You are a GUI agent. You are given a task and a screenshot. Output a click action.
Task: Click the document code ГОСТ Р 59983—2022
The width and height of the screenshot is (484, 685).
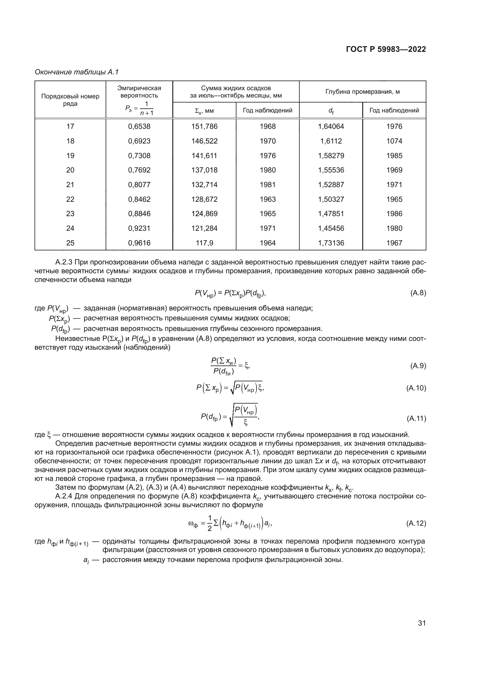tap(386, 49)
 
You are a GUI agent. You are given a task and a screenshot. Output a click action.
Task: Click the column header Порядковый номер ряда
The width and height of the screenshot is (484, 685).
tap(70, 100)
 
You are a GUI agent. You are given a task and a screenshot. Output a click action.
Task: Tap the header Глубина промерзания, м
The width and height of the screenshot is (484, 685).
tap(362, 92)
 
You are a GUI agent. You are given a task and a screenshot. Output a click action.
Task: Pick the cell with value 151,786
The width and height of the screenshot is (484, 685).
tap(204, 127)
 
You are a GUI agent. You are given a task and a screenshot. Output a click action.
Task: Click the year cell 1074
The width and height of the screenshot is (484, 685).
tap(394, 141)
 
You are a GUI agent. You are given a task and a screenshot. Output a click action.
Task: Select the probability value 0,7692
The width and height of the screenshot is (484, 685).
tap(139, 170)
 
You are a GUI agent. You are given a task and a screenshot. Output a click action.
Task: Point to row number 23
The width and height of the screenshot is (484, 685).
tap(70, 213)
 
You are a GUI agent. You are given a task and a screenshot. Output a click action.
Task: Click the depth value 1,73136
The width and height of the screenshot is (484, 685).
tap(331, 243)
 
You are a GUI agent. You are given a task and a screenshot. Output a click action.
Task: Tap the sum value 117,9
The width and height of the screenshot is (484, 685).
tap(204, 243)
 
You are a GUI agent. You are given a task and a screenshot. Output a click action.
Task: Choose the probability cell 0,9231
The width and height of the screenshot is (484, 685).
tap(139, 228)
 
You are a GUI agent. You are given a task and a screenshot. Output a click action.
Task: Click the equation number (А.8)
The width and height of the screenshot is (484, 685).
tap(418, 293)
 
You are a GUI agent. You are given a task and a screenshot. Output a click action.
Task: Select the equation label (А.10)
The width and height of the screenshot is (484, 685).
tap(416, 388)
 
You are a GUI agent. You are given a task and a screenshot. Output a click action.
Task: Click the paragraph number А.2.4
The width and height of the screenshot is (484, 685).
tap(64, 496)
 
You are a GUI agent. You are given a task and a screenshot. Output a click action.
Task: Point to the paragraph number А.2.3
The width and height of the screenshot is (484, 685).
tap(64, 262)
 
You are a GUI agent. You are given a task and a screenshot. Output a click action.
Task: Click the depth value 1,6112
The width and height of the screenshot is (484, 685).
tap(331, 141)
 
